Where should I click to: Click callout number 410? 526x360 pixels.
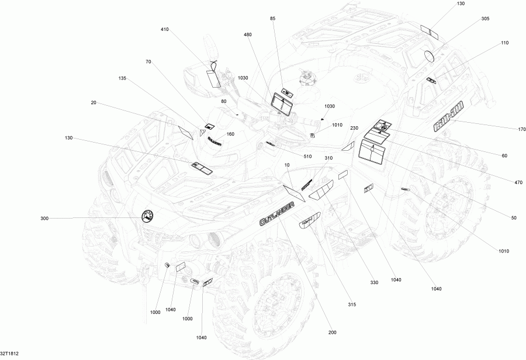coord(165,29)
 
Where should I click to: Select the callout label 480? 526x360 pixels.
coord(248,34)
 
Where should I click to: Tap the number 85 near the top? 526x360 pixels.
coord(272,19)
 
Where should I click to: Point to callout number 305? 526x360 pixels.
coord(486,19)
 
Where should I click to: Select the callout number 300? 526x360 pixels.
coord(44,219)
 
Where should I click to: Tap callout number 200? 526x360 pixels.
coord(333,333)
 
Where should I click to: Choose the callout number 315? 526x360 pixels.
coord(352,304)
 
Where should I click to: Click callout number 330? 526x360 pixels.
coord(374,283)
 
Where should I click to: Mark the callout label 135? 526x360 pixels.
coord(122,78)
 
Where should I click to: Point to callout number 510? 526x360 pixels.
coord(307,156)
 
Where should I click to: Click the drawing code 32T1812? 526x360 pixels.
coord(9,354)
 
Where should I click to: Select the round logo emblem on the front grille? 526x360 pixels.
coord(147,217)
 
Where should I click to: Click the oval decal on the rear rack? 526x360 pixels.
coord(430,56)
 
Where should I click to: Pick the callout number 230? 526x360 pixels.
coord(354,128)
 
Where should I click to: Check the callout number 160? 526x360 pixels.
coord(230,134)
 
